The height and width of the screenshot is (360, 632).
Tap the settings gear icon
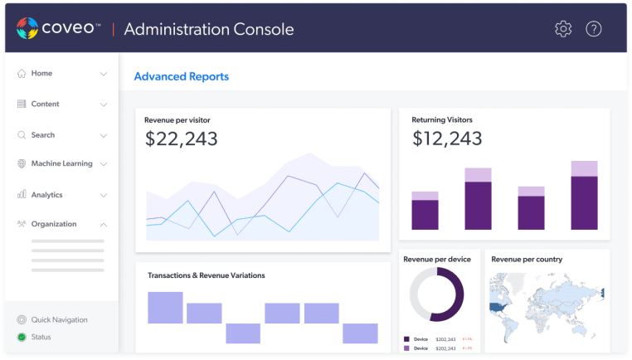point(563,29)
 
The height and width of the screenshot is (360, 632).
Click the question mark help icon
point(594,29)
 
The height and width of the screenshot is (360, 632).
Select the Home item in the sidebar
point(41,73)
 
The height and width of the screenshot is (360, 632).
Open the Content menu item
point(45,104)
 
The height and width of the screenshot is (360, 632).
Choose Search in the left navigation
point(42,134)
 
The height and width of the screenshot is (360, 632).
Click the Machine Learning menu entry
point(61,163)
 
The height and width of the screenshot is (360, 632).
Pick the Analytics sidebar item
point(46,195)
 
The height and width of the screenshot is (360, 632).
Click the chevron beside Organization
point(104,224)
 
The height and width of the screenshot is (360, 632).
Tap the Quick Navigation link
point(59,319)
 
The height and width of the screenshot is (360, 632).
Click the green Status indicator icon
point(22,337)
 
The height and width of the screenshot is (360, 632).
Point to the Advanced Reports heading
point(181,76)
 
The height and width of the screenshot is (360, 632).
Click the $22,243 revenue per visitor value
point(182,139)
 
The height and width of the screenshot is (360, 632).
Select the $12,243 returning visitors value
point(447,139)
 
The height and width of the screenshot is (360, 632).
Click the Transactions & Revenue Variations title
point(206,275)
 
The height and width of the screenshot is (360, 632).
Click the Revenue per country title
point(527,259)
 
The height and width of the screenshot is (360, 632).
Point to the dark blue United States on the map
point(500,306)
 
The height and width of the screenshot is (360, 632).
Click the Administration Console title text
point(208,30)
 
